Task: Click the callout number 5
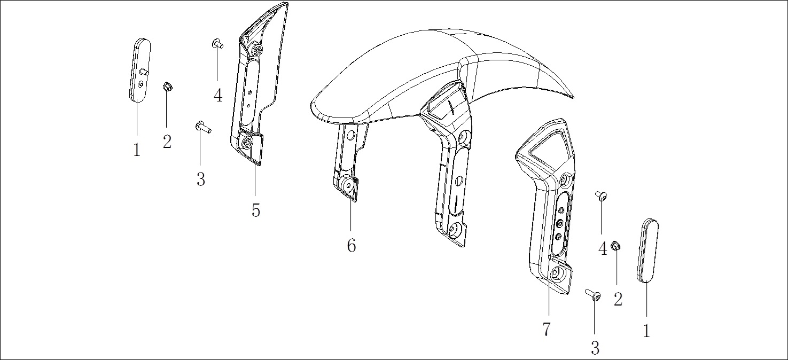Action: (x=256, y=210)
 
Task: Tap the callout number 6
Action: (x=352, y=245)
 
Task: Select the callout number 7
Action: (x=546, y=330)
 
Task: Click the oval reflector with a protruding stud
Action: (x=140, y=70)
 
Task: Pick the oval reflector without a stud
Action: (x=647, y=251)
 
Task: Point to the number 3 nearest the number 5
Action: (x=200, y=179)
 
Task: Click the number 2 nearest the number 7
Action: (x=618, y=299)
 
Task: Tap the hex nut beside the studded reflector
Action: (x=167, y=87)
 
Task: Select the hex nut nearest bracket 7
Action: (x=615, y=246)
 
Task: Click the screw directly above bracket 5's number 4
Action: (x=217, y=44)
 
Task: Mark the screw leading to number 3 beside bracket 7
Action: (x=593, y=295)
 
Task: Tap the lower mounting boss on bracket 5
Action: (x=248, y=143)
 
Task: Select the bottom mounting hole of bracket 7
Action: (x=557, y=273)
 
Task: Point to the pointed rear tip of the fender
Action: (x=573, y=97)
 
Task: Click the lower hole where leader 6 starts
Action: (x=349, y=184)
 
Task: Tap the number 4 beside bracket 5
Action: (x=218, y=95)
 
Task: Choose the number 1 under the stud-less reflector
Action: (x=646, y=331)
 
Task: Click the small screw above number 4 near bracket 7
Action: (x=601, y=196)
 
